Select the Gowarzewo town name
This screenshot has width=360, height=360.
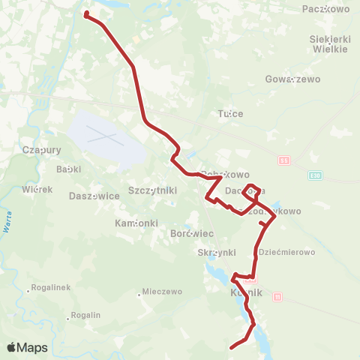pos(292,79)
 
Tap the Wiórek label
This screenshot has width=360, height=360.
pos(37,189)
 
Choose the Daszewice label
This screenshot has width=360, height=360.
pos(94,196)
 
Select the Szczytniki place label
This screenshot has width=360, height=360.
pos(153,190)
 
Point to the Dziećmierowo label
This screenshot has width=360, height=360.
pos(286,253)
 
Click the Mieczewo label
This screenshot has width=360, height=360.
pos(162,291)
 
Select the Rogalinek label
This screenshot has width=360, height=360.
pos(49,288)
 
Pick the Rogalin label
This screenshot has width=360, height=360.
pos(83,316)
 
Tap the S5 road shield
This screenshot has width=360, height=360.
pos(283,160)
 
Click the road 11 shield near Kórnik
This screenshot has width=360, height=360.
pos(278,296)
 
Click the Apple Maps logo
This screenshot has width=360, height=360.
pos(27,347)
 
